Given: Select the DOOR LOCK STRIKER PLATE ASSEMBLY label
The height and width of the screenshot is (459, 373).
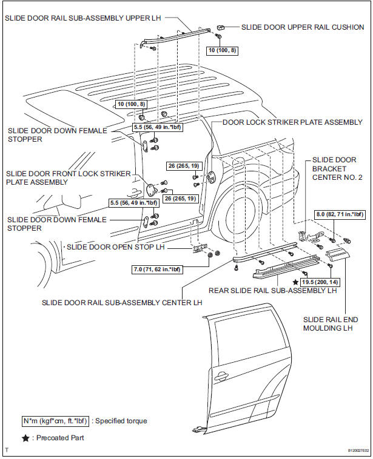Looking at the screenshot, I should [292, 122].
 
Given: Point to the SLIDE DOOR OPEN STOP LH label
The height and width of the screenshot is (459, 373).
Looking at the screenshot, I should [116, 247].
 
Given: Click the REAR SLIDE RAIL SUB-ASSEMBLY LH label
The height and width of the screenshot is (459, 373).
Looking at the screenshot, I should [272, 290].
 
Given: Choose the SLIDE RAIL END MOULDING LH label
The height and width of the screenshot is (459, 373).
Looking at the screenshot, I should [331, 323].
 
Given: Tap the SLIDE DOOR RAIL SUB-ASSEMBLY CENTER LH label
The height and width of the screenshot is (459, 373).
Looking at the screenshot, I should [121, 302].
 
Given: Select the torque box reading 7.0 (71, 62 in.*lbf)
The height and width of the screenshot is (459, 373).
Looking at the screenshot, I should [156, 268].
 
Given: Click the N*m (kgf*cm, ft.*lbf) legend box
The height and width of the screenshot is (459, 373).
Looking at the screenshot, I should [55, 420].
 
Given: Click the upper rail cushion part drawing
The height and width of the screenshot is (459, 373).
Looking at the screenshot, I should [222, 28].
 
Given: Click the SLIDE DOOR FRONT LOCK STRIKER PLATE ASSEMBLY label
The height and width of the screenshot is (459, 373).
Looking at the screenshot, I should [68, 177].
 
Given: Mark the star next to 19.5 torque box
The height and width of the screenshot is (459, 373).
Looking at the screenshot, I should [295, 282].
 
